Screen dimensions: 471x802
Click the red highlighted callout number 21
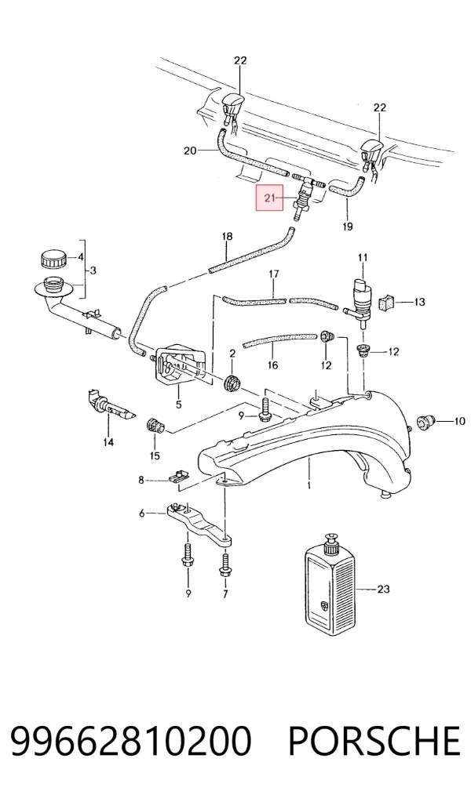click(x=269, y=198)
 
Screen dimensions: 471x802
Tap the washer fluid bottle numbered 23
click(x=329, y=585)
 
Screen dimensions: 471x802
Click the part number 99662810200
click(x=130, y=741)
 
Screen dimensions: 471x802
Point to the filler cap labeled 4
click(x=53, y=258)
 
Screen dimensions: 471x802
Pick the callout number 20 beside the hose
click(x=190, y=151)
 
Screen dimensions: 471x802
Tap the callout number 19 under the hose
click(x=348, y=226)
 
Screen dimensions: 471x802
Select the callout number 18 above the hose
click(x=228, y=236)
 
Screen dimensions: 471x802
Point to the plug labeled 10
click(x=424, y=422)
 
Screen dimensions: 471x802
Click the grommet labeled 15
click(x=154, y=426)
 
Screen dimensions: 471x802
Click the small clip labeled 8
click(x=177, y=477)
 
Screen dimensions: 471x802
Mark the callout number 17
click(x=274, y=274)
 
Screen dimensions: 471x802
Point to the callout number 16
click(x=272, y=365)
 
